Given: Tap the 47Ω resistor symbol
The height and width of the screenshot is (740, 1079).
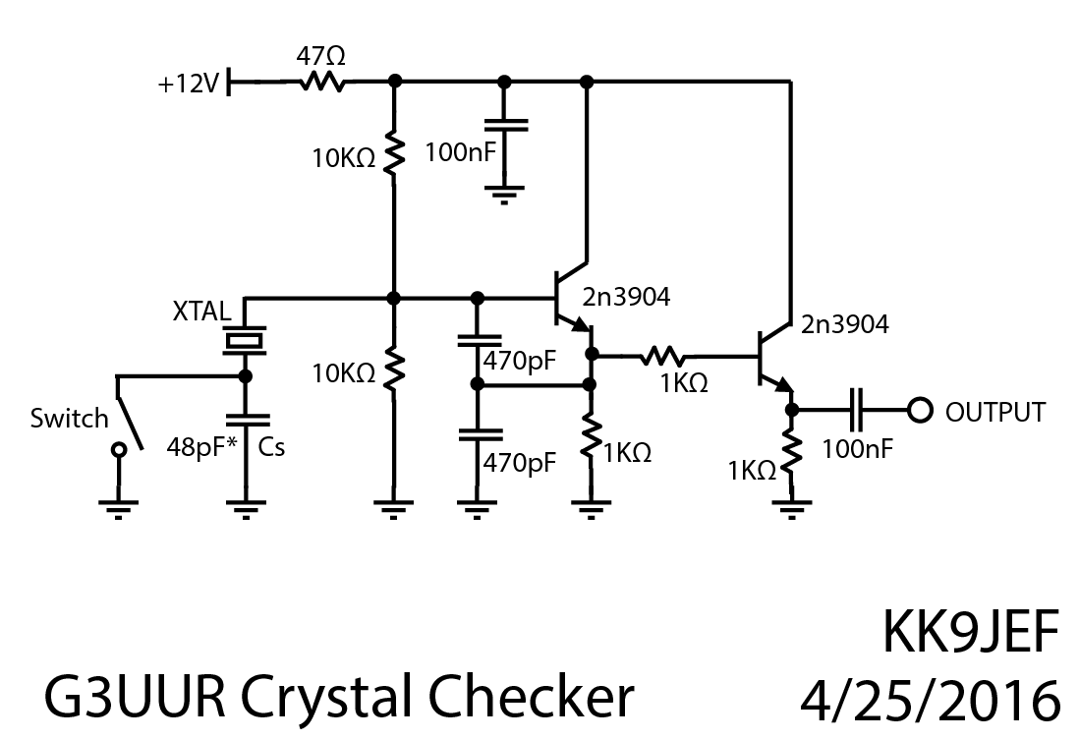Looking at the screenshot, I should click(322, 85).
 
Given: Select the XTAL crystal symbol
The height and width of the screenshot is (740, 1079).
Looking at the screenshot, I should click(245, 341).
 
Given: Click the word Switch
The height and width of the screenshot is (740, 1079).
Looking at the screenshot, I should click(69, 419).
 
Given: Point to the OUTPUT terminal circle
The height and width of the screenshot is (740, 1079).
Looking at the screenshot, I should click(920, 410).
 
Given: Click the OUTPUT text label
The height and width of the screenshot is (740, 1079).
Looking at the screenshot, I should click(994, 412).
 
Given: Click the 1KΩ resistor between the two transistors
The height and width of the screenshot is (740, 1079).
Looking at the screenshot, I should click(668, 357).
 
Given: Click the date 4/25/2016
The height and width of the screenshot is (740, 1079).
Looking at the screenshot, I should click(932, 700).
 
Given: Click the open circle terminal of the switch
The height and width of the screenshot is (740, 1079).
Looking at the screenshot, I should click(119, 450).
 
